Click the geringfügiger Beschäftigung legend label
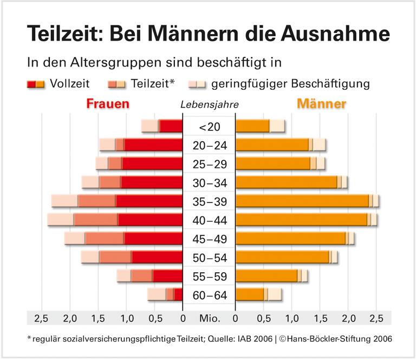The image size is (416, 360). [x=290, y=84]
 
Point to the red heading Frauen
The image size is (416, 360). [x=107, y=103]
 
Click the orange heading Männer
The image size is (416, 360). [x=322, y=103]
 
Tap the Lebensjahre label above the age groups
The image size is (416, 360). [x=209, y=104]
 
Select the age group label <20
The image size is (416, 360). [x=209, y=127]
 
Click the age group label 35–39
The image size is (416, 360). [x=209, y=201]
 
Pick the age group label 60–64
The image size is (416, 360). [x=209, y=295]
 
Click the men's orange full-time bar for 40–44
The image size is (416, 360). [x=301, y=220]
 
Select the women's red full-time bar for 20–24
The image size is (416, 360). [x=153, y=145]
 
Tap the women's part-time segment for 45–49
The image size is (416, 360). [x=105, y=239]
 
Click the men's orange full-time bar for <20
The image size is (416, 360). [x=252, y=126]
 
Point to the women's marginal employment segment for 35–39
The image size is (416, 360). [x=64, y=201]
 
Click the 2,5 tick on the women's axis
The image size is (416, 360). [x=41, y=317]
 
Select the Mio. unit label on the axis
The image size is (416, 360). [x=209, y=317]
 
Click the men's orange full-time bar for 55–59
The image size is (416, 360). [x=266, y=276]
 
